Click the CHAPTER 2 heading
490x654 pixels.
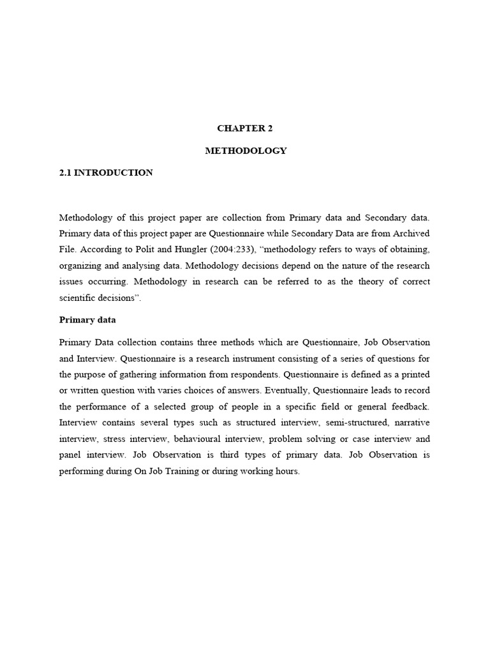(245, 128)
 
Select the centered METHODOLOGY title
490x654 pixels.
(245, 151)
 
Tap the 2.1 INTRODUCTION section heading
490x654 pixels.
(106, 173)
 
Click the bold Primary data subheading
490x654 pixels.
(87, 319)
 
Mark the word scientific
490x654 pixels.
(78, 298)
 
